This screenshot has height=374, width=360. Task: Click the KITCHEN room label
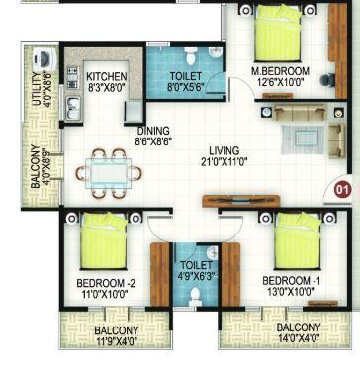point(106,76)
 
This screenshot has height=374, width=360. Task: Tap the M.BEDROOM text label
point(280,71)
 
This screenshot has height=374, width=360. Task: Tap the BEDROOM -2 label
point(104,283)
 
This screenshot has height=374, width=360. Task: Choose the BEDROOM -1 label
point(296,282)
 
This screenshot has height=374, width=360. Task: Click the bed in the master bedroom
point(279,40)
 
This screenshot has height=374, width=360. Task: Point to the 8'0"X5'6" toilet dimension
point(185,87)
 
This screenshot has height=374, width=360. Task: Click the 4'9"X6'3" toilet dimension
point(189,276)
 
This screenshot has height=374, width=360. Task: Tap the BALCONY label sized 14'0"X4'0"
point(298,327)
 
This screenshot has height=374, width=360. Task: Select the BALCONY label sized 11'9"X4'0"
point(116,331)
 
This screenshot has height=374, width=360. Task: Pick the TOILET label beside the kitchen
point(186,76)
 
